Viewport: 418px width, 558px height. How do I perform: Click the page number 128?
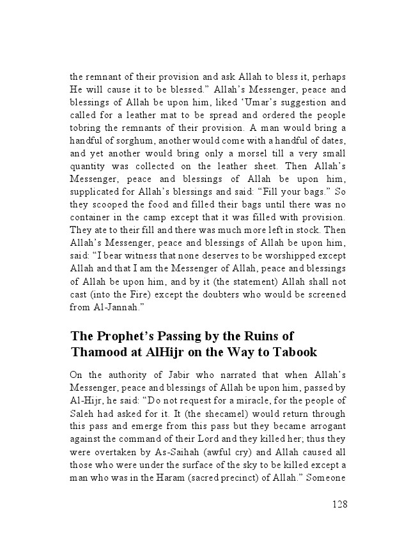click(339, 504)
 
